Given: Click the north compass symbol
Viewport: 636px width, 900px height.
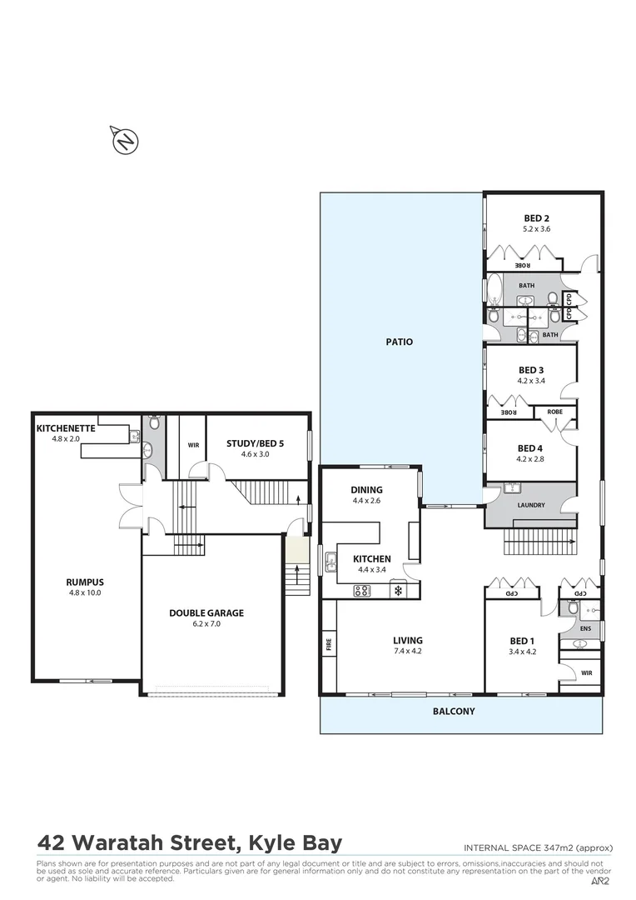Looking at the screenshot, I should (125, 141).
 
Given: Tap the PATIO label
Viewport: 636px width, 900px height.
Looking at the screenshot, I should (400, 342).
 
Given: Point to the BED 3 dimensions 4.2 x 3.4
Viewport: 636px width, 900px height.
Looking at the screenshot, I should (531, 381).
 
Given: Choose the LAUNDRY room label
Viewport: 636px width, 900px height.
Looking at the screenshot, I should (530, 504).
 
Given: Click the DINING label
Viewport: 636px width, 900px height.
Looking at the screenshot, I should (367, 490).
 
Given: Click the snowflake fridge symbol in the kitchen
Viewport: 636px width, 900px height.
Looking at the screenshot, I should (397, 591).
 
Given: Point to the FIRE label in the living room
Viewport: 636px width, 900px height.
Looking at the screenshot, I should (328, 644).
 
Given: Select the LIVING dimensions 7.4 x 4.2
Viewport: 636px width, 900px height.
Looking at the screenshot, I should (408, 652).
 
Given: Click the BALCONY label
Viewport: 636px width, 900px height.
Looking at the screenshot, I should (454, 711).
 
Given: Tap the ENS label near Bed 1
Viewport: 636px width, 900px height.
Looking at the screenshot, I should (585, 627).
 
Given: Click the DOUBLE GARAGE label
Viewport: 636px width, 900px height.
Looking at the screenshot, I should (206, 612).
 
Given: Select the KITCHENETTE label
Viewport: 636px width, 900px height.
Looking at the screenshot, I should (66, 428).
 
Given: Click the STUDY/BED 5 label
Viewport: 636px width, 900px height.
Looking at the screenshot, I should (255, 443).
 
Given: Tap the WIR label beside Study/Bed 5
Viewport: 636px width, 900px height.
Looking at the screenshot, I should (192, 445).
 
